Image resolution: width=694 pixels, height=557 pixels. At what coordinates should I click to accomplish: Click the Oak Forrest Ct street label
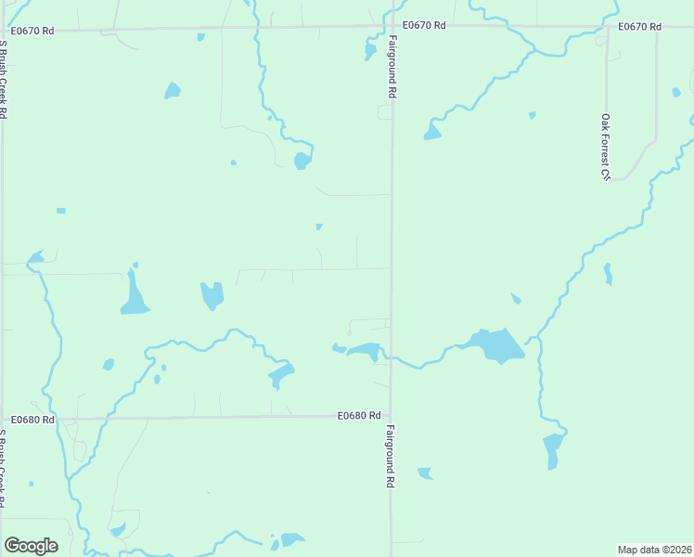[x=604, y=147]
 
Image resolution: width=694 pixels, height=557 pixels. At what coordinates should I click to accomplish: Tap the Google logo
[x=31, y=546]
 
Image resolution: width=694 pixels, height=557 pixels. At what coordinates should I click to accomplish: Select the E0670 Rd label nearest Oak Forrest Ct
[x=639, y=26]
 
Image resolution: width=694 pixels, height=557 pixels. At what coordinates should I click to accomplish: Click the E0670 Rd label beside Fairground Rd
[x=424, y=25]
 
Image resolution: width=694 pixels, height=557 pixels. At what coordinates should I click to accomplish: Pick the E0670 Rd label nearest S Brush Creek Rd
[x=32, y=31]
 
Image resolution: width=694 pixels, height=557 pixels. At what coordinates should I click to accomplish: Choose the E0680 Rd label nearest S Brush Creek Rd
[x=33, y=420]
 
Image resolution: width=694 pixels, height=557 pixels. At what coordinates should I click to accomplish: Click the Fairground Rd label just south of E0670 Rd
[x=392, y=68]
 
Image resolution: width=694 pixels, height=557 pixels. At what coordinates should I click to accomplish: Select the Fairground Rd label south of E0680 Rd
[x=391, y=457]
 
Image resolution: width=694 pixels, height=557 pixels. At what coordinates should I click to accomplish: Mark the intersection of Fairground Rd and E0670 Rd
[x=391, y=27]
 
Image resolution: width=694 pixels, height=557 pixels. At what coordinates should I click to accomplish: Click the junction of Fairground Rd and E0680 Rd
[x=391, y=417]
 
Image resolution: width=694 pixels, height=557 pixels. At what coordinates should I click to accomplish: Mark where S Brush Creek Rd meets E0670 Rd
[x=3, y=31]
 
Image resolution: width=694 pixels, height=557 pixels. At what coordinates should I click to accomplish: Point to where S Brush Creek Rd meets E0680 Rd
[x=3, y=419]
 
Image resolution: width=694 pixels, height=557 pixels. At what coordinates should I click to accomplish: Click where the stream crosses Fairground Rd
[x=391, y=356]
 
